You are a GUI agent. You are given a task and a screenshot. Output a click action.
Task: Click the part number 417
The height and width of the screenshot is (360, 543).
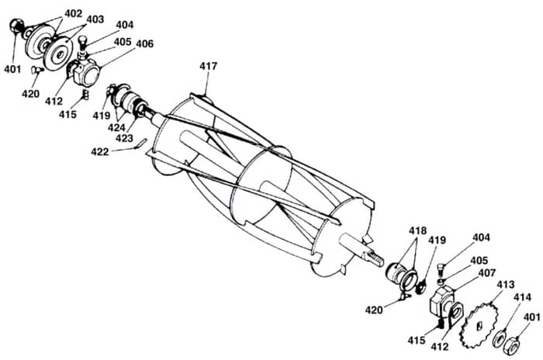pyautogui.click(x=208, y=66)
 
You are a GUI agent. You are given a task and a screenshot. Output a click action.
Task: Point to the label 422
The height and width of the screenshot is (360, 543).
pyautogui.click(x=100, y=152)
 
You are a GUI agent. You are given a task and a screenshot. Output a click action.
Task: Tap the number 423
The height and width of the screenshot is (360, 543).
pyautogui.click(x=124, y=138)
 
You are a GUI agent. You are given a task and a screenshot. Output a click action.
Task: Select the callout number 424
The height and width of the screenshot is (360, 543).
pyautogui.click(x=116, y=127)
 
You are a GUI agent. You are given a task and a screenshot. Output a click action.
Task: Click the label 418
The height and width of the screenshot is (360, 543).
pyautogui.click(x=417, y=230)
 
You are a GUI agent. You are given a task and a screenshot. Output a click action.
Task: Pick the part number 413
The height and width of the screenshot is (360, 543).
pyautogui.click(x=506, y=285)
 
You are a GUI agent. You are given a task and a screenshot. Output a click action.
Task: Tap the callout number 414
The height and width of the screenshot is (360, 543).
pyautogui.click(x=522, y=297)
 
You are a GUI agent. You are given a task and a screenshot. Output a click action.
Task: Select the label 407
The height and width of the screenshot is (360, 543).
pyautogui.click(x=487, y=273)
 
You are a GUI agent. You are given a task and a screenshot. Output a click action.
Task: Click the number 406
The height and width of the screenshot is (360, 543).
pyautogui.click(x=145, y=44)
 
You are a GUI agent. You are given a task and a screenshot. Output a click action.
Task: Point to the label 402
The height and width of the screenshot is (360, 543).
pyautogui.click(x=74, y=13)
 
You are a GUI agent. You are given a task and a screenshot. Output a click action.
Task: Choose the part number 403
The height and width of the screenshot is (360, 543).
pyautogui.click(x=95, y=19)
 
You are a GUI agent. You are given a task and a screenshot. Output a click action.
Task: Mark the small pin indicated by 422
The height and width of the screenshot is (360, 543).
pyautogui.click(x=141, y=143)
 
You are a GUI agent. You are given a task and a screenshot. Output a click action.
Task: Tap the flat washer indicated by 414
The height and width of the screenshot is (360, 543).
pyautogui.click(x=499, y=339)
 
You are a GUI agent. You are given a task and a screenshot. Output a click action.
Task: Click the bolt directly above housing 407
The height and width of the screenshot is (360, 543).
pyautogui.click(x=441, y=268)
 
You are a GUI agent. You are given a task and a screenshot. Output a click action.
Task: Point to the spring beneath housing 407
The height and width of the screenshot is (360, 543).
pyautogui.click(x=440, y=324)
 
